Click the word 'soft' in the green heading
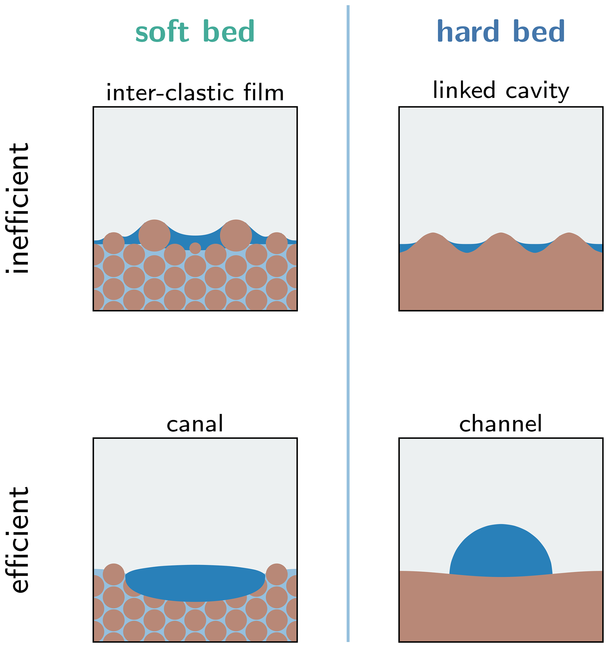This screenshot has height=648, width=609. [162, 31]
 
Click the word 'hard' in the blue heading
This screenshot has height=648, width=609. [468, 31]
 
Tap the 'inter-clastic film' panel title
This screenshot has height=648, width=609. [195, 92]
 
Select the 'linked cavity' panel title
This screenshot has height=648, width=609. [501, 91]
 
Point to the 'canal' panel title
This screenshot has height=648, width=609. [195, 424]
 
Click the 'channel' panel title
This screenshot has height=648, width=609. [501, 424]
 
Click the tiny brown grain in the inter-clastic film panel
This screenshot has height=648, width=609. [195, 248]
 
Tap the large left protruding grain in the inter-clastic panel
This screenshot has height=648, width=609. [154, 235]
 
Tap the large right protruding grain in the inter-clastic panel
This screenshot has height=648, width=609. [236, 235]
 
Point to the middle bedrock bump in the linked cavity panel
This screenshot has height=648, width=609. [501, 241]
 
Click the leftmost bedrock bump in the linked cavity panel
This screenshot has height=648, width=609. [433, 241]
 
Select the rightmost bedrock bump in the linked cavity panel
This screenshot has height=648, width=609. [569, 241]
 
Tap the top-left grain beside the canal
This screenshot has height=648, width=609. [113, 574]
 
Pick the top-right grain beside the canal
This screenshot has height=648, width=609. [276, 574]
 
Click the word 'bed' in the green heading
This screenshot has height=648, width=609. [228, 31]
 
